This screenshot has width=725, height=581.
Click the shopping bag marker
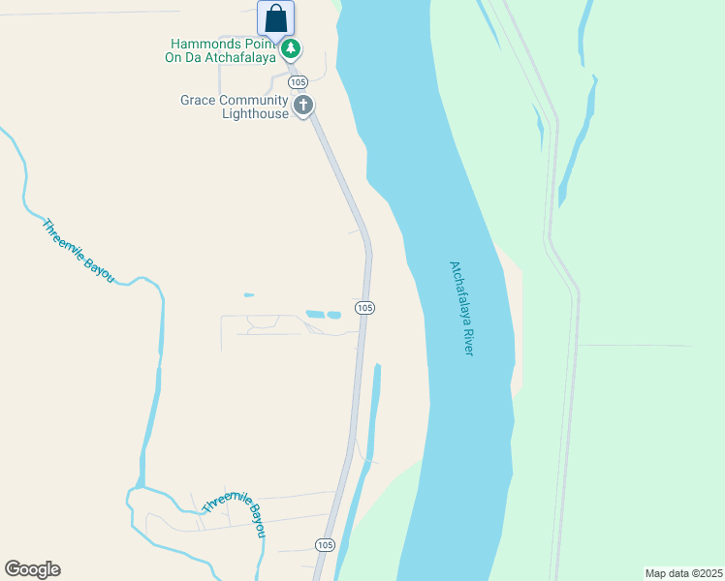(275, 18)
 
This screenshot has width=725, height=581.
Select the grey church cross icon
(303, 105)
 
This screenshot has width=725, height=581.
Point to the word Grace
(198, 100)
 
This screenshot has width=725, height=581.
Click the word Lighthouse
(256, 113)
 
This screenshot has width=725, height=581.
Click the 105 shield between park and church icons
(298, 81)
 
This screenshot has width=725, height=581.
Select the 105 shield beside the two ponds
(363, 308)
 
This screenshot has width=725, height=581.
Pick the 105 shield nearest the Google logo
(325, 546)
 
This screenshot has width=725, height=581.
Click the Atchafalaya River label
(461, 307)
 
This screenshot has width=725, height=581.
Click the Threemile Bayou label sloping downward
(78, 251)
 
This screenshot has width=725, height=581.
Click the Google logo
(32, 569)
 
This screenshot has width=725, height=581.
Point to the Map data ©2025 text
(683, 572)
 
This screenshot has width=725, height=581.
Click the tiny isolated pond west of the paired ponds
(249, 294)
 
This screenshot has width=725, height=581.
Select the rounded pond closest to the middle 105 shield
(333, 315)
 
